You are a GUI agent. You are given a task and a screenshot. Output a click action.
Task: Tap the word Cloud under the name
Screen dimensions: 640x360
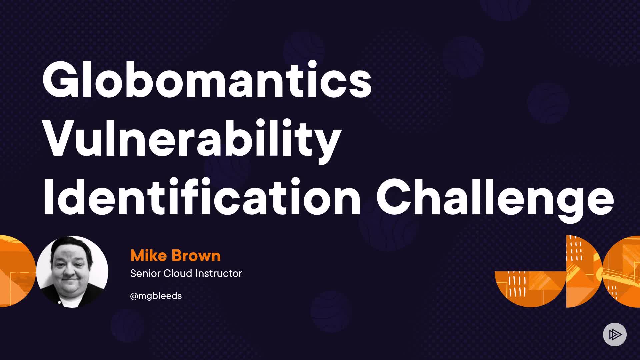coord(177,273)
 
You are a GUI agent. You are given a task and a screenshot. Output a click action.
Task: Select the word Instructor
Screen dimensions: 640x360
coord(218,273)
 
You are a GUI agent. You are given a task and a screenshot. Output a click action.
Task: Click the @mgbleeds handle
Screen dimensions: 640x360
coord(156,296)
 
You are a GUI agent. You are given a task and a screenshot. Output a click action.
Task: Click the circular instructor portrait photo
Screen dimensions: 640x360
coord(72,271)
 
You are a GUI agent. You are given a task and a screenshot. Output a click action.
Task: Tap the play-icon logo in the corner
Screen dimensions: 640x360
coord(615,334)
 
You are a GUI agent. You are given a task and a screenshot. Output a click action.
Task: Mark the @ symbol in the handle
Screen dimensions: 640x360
coord(134,296)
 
